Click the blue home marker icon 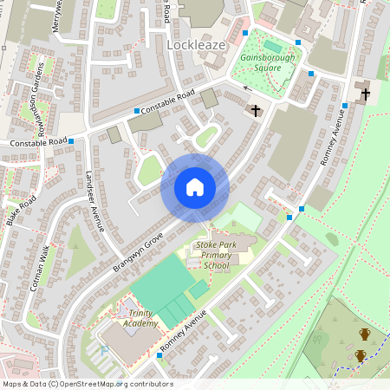click(195, 187)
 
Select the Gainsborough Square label click(266, 63)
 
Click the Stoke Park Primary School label click(215, 256)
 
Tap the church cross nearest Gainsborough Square click(255, 110)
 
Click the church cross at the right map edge click(365, 94)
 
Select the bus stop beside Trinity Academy click(159, 354)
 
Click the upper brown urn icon click(365, 334)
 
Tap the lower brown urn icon click(361, 355)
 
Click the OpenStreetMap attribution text click(87, 384)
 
